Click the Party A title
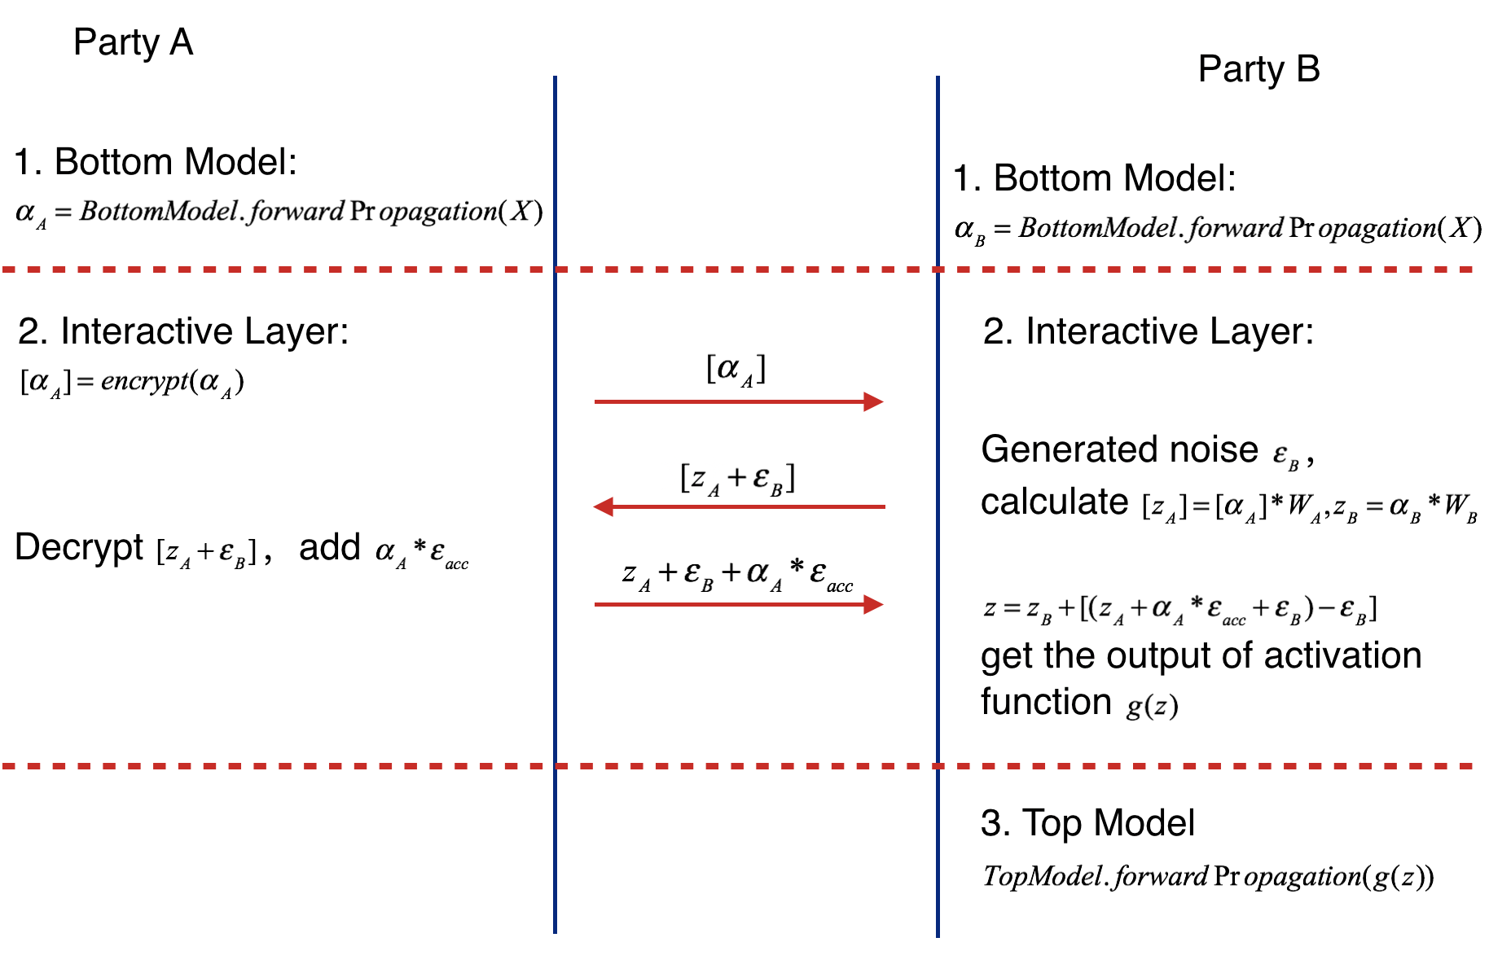click(133, 42)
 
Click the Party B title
click(1258, 69)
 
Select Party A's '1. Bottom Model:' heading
click(156, 162)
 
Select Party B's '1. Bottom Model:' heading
click(1095, 178)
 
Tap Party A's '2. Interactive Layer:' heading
click(183, 331)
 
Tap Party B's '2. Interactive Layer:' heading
click(1149, 331)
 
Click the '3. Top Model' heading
click(1087, 823)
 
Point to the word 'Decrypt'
click(79, 547)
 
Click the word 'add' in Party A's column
click(329, 547)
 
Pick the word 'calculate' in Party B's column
click(1054, 502)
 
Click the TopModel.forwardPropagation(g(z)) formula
click(1208, 877)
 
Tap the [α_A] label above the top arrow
click(736, 369)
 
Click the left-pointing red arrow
click(740, 506)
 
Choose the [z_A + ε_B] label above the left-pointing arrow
click(737, 478)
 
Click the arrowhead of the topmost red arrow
click(874, 401)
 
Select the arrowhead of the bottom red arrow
click(874, 604)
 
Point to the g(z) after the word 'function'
click(1152, 705)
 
